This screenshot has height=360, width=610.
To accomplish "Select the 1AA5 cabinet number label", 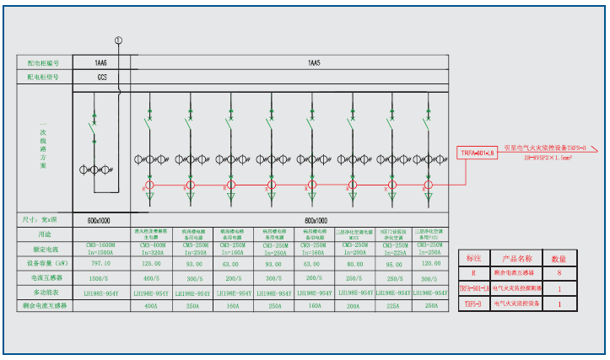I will [313, 62].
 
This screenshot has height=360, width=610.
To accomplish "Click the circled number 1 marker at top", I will [119, 40].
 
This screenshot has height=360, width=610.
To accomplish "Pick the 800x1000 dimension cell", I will [313, 219].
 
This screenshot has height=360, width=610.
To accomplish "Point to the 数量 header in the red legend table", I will [559, 258].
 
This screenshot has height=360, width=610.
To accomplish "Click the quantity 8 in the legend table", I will [559, 273].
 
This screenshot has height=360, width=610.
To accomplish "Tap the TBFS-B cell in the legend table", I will [474, 303].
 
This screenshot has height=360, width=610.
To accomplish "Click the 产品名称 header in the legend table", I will [516, 258].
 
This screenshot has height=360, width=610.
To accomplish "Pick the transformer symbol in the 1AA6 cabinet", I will [95, 169].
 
